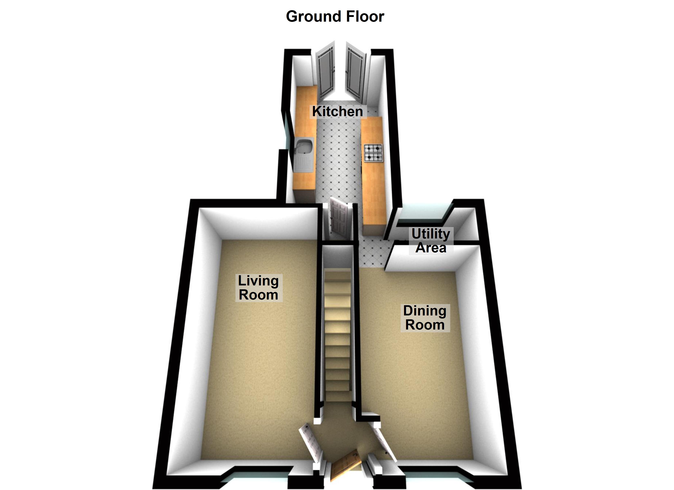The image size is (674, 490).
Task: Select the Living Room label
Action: click(x=258, y=288)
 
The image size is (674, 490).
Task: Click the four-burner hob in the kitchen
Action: click(x=373, y=153)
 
